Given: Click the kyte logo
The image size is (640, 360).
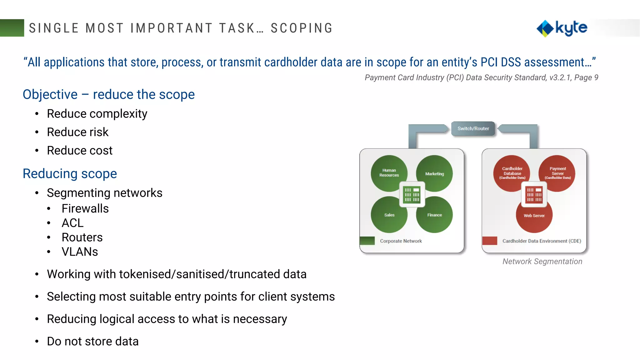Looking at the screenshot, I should tap(562, 28).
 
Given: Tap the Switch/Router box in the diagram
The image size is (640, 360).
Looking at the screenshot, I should tap(473, 128).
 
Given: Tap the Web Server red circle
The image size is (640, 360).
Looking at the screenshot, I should tap(534, 217).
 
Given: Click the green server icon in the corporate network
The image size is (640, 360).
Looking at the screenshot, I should tap(412, 195).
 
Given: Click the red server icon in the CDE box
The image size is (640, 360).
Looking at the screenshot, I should tap(534, 195).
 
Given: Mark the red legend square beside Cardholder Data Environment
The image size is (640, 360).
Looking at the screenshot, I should tap(490, 241).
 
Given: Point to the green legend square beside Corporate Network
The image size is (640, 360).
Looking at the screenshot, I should tap(367, 241).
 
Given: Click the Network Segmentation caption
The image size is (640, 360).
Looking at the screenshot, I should tap(542, 261).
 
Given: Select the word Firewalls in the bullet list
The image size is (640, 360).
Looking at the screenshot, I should tap(85, 208).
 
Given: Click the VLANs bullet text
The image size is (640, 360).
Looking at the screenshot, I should tap(80, 252).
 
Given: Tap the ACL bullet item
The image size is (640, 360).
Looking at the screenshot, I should tap(72, 223).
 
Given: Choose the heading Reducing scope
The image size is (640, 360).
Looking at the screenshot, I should tap(70, 173).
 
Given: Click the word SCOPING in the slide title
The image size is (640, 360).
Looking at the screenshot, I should tap(302, 28).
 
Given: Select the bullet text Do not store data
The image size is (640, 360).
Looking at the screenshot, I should tap(92, 341).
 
